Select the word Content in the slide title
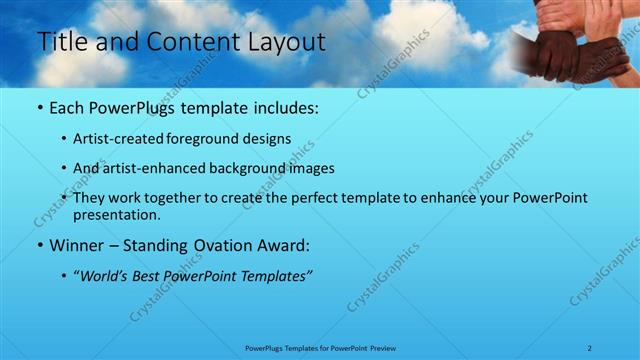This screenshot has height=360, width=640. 188,42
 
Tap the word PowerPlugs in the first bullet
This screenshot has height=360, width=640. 129,106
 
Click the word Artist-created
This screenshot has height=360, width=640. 119,139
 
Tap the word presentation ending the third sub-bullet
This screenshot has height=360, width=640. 116,214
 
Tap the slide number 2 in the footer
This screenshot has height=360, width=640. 590,347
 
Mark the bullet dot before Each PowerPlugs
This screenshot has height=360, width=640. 39,107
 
